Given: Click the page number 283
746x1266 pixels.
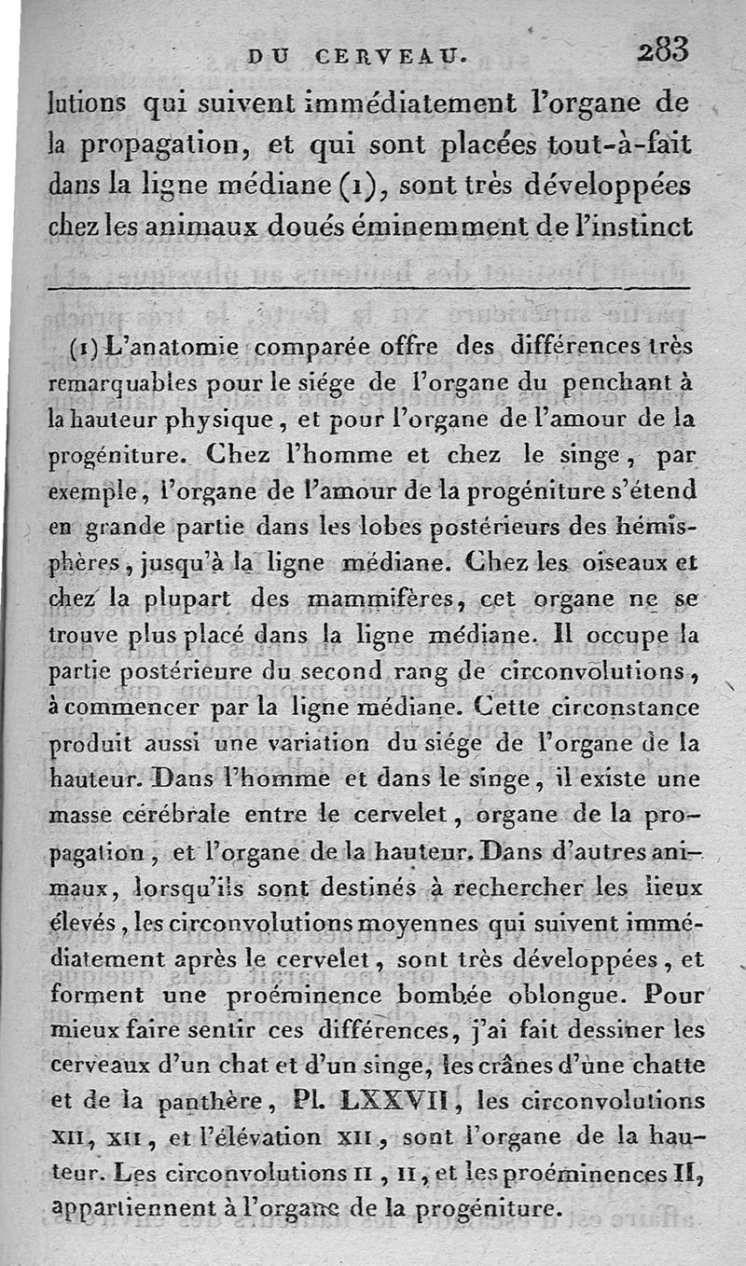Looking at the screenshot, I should [662, 48].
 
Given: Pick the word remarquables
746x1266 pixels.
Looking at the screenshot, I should [120, 383].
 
